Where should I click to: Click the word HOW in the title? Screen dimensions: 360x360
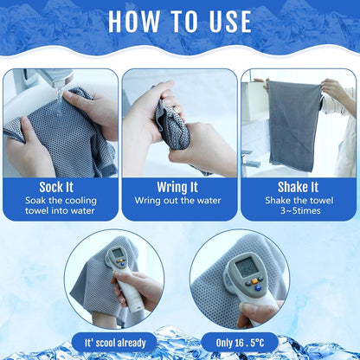click(x=134, y=22)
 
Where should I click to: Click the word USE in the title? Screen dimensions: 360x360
click(x=230, y=22)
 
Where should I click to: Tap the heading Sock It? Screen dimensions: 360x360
click(x=56, y=187)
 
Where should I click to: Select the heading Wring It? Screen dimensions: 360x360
click(x=177, y=188)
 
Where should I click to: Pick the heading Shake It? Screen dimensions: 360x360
click(x=298, y=187)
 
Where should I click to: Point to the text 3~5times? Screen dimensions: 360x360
click(x=300, y=210)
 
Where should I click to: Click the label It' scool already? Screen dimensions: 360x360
click(x=115, y=343)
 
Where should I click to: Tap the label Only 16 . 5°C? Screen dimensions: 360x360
click(x=240, y=343)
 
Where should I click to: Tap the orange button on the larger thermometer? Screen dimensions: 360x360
click(x=254, y=281)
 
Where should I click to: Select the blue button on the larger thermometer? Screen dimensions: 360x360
click(x=258, y=287)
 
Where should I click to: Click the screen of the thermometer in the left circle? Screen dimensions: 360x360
click(x=118, y=254)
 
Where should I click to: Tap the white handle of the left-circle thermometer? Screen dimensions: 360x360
click(x=131, y=293)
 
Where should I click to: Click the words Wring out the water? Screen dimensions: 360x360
click(x=177, y=201)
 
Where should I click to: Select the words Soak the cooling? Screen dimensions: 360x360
click(x=61, y=201)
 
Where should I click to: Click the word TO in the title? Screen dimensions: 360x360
click(x=184, y=22)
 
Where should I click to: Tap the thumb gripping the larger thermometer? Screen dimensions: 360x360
click(x=252, y=312)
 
